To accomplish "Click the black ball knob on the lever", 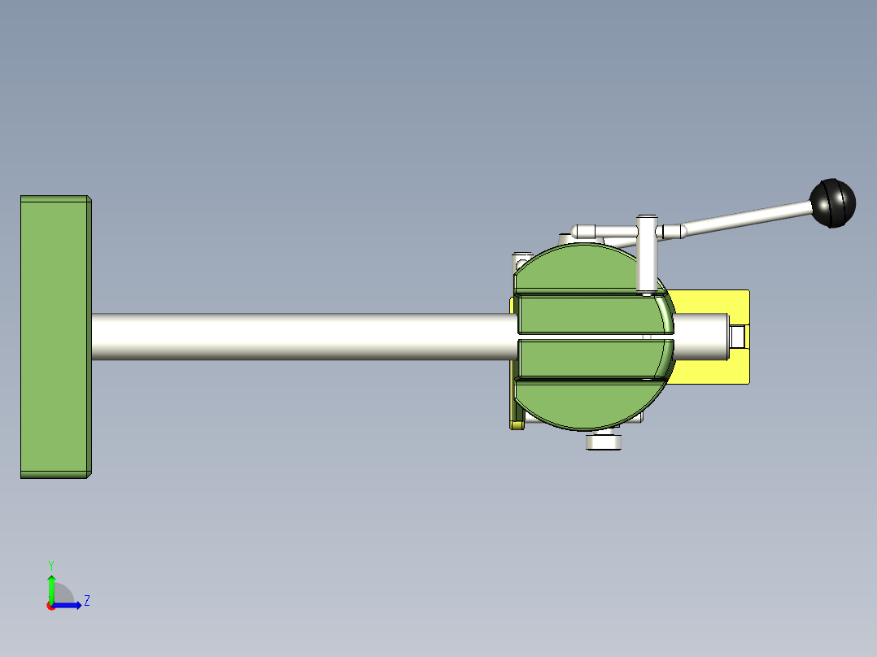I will click(833, 203).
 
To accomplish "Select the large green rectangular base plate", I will click(54, 337).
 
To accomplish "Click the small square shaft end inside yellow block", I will click(739, 337).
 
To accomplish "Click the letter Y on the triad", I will click(50, 565).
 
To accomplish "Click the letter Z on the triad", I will click(86, 601).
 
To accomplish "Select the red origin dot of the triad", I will click(50, 606).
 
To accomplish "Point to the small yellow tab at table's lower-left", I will click(516, 424).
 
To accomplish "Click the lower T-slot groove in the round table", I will click(586, 378).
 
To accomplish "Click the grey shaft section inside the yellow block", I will click(700, 337).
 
